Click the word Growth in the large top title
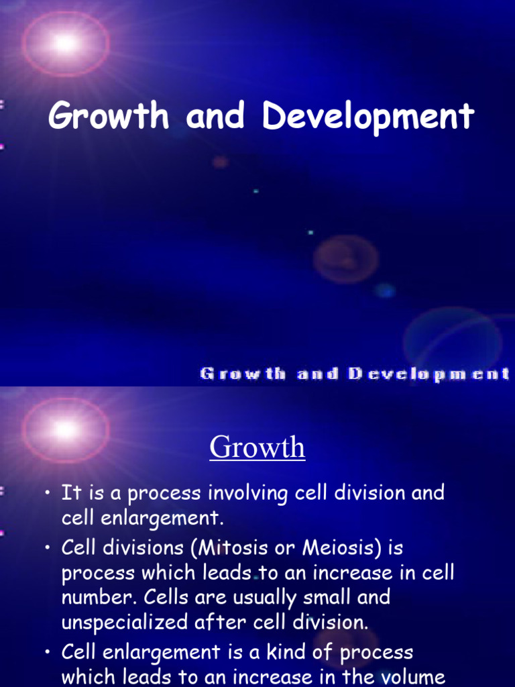109,117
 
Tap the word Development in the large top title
368,117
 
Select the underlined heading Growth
257,447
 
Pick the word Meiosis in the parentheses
340,548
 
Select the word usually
247,597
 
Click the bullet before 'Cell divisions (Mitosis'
48,549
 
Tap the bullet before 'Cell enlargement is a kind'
48,653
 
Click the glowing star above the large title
65,44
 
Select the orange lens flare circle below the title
345,259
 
